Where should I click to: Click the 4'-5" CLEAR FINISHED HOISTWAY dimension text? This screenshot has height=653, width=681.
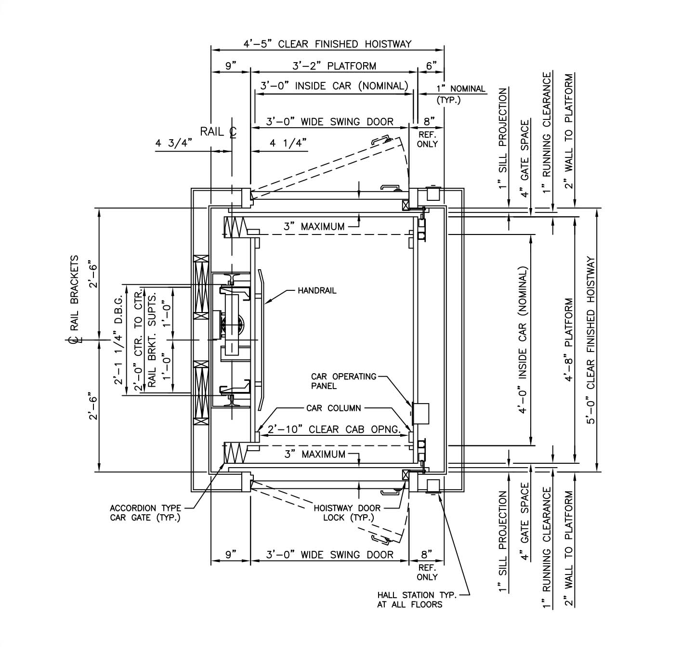tap(327, 44)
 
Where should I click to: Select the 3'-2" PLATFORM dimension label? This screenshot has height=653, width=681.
tap(334, 66)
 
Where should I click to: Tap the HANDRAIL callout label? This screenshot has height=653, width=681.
tap(317, 291)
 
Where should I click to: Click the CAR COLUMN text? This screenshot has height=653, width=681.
tap(333, 408)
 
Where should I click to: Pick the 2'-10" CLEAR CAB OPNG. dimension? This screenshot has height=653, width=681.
tap(334, 429)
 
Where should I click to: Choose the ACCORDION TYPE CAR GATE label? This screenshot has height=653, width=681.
tap(145, 513)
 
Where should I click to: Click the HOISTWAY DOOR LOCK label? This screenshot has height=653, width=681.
tap(347, 513)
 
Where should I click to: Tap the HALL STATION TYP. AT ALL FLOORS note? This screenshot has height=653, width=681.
tap(417, 600)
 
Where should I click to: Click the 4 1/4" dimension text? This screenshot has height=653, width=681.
tap(288, 143)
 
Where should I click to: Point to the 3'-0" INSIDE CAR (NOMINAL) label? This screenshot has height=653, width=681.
tap(334, 86)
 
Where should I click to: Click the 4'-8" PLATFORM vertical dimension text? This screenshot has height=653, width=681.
tap(569, 340)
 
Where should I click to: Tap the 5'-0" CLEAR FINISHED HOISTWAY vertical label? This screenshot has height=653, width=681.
tap(591, 340)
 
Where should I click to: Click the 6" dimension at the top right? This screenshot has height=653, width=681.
tap(431, 66)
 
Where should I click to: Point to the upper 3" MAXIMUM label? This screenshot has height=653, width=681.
tap(314, 226)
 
